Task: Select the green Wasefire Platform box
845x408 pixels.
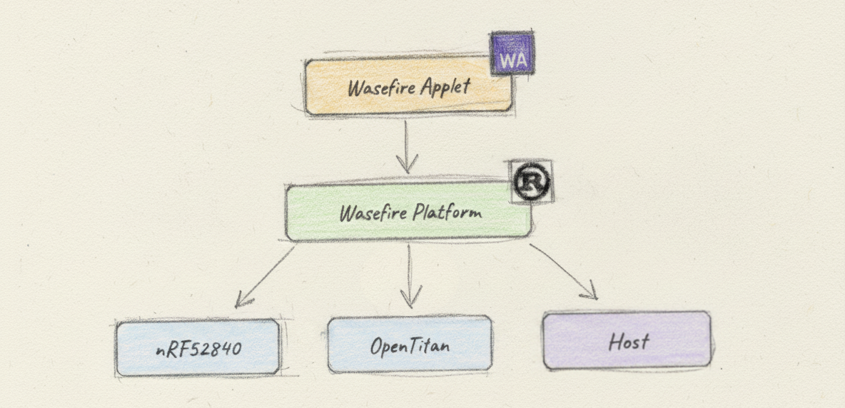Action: click(408, 213)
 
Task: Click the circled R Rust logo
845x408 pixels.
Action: click(532, 184)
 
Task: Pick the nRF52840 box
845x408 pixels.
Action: click(198, 348)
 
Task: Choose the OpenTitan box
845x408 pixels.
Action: click(410, 345)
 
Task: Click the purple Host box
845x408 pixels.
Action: click(627, 341)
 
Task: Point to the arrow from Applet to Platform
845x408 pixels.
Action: click(407, 146)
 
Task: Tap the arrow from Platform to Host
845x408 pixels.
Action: click(564, 270)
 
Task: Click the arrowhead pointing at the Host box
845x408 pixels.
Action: click(590, 292)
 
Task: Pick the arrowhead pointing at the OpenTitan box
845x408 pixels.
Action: click(410, 299)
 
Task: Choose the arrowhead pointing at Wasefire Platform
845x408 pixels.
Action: click(407, 165)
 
